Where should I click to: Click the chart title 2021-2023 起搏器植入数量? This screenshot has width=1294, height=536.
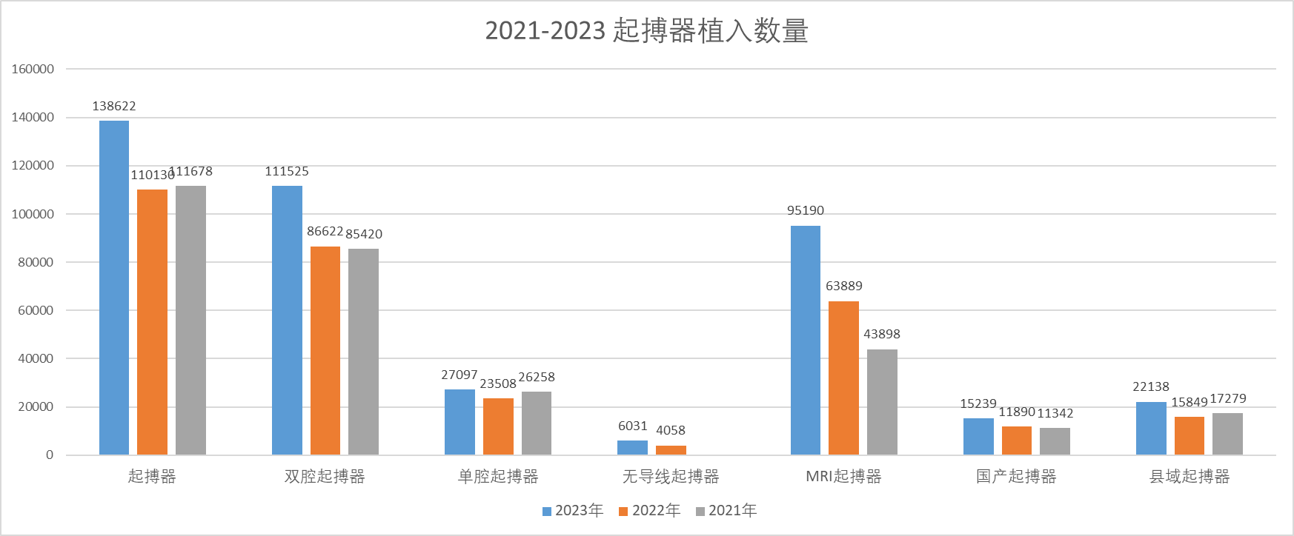646,31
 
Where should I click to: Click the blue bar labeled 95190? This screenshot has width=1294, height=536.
806,340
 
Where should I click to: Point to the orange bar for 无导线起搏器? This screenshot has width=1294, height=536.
671,450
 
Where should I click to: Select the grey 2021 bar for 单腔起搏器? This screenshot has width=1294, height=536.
537,423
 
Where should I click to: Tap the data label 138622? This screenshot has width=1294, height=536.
114,107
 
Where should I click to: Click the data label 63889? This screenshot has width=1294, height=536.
844,287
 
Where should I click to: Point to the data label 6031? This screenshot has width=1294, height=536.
633,426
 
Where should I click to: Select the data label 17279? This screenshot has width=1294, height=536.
1228,399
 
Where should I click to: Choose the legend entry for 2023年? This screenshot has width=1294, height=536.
573,511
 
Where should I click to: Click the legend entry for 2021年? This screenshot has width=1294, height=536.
726,511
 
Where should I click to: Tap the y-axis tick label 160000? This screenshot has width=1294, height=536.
33,70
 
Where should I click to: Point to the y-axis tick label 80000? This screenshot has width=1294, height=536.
36,262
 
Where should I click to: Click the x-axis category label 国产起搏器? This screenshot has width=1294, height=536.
1016,477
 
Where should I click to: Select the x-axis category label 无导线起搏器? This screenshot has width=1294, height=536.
671,477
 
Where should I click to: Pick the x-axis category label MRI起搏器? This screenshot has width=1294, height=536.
843,477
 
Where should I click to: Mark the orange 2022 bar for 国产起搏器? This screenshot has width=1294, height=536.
1017,440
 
